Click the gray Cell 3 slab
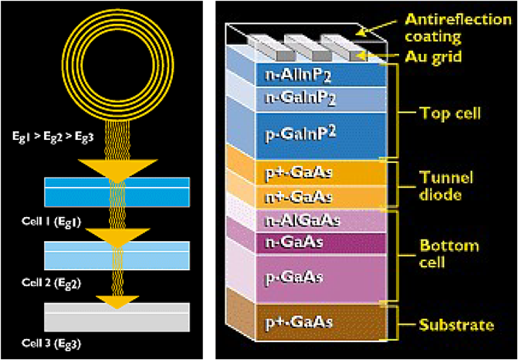pyautogui.click(x=117, y=318)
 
